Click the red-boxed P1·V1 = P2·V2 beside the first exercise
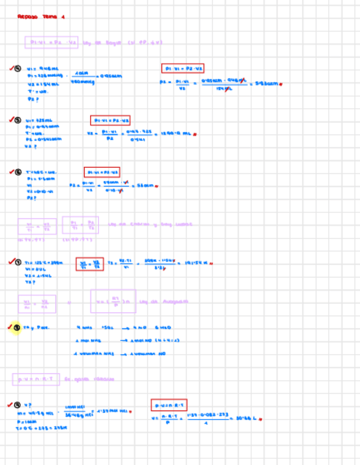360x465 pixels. coord(183,69)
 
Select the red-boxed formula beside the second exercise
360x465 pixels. coord(110,120)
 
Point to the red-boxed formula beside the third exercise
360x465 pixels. coord(102,172)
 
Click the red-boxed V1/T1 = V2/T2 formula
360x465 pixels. coord(89,264)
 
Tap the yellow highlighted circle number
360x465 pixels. coord(16,328)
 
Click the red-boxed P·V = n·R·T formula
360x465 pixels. coord(169,406)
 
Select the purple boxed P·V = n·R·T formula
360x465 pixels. coord(36,379)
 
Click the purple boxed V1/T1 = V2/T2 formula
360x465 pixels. coord(37,226)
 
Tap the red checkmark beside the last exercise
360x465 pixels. coord(9,405)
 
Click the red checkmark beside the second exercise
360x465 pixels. coord(10,119)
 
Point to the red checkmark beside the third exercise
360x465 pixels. coord(10,172)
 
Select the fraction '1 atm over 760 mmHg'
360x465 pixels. coord(82,77)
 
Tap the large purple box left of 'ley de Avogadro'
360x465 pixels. coord(113,301)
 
